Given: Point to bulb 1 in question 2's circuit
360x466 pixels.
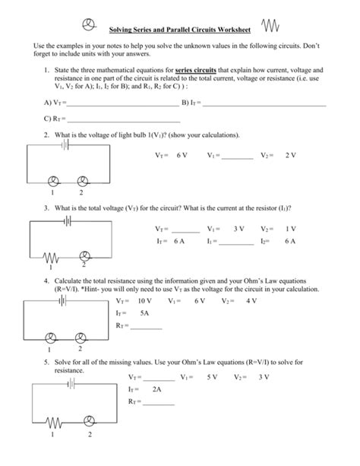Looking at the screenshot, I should point(53,180).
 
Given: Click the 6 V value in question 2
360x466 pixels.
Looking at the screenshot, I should point(181,154).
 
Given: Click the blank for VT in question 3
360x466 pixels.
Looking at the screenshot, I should point(185,230).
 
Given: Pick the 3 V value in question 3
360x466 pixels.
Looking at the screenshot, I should point(238,228).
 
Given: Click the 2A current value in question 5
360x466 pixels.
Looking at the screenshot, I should point(158,388).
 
